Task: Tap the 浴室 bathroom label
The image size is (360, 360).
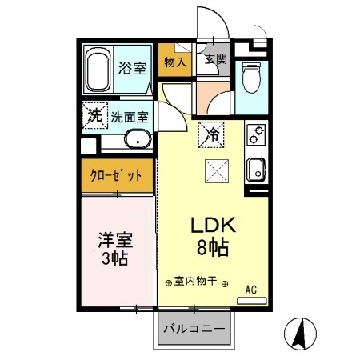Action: pyautogui.click(x=133, y=67)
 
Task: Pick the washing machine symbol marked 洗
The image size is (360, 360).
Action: pyautogui.click(x=94, y=115)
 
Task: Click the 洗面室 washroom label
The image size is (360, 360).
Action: pyautogui.click(x=130, y=116)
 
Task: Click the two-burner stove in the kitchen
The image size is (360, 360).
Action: pyautogui.click(x=257, y=135)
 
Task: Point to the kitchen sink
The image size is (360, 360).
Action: pyautogui.click(x=257, y=169)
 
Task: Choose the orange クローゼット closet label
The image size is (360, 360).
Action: pyautogui.click(x=117, y=175)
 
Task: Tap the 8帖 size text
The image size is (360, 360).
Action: pyautogui.click(x=211, y=247)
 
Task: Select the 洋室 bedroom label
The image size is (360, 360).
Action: pyautogui.click(x=115, y=239)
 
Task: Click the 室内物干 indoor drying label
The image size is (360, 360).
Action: pyautogui.click(x=196, y=281)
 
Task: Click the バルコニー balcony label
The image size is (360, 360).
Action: pyautogui.click(x=194, y=329)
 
